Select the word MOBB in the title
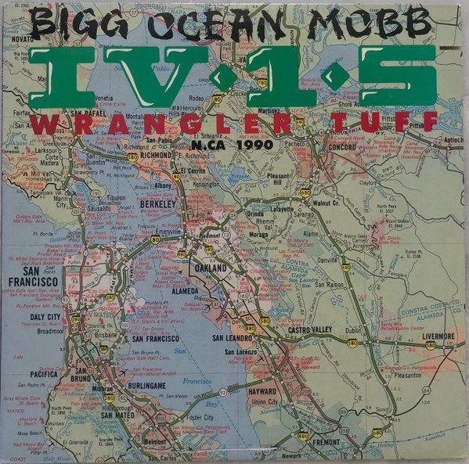pyautogui.click(x=369, y=23)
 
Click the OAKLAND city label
pyautogui.click(x=207, y=268)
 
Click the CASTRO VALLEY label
pyautogui.click(x=311, y=333)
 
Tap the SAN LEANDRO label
pyautogui.click(x=233, y=338)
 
